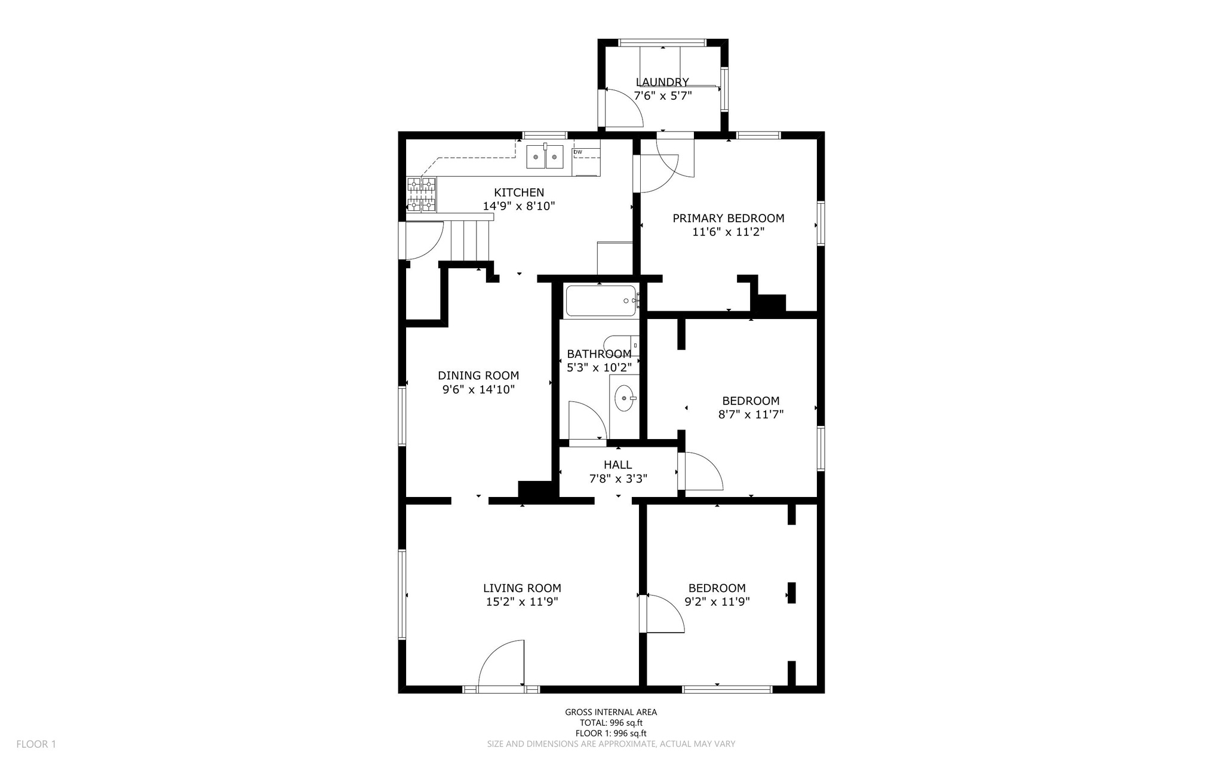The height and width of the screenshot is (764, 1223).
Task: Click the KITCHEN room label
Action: pos(519,192)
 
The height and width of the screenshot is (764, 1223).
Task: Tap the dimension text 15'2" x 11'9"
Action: pos(522,602)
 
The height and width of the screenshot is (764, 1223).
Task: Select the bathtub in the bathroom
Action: pos(601,301)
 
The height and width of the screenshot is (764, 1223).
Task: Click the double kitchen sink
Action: pos(545,157)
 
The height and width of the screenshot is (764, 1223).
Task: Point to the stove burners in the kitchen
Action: pos(421,195)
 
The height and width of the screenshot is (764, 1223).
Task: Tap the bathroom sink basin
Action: pos(625,398)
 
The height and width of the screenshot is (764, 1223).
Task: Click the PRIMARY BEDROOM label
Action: pos(728,219)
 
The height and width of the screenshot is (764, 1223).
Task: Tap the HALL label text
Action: pos(617,465)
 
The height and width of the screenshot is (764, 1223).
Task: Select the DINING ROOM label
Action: pos(478,376)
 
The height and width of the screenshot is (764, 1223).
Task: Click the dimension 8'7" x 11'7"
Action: pos(751,414)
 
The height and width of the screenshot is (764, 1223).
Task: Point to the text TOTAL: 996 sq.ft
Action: pos(610,723)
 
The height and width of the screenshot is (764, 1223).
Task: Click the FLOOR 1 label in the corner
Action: pos(36,744)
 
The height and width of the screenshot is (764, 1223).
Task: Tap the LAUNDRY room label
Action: pos(662,82)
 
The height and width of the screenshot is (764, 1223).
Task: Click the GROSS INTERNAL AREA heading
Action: pos(611,712)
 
